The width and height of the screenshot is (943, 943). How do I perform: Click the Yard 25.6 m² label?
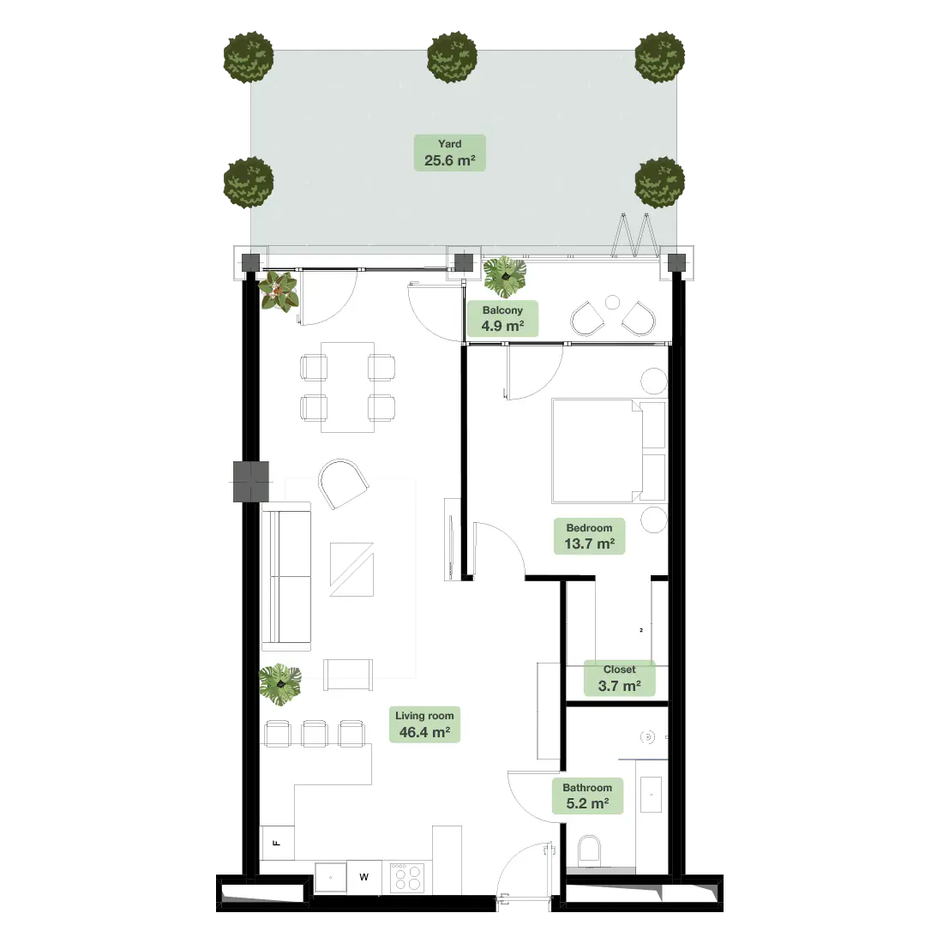pos(449,153)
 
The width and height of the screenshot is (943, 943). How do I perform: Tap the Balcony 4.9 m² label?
pos(502,318)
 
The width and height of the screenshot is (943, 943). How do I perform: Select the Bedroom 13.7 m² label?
pos(590,536)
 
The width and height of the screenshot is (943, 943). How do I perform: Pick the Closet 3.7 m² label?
pos(620,678)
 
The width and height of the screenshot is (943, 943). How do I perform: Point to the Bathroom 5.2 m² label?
pos(587,796)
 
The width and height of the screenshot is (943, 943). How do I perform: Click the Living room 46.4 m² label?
pos(424,724)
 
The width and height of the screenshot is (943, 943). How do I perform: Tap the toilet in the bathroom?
pos(590,850)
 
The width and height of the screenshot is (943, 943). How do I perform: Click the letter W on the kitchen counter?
pos(363,877)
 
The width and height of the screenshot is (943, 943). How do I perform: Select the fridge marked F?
pos(277,843)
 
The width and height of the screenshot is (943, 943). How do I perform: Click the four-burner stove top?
pos(407,878)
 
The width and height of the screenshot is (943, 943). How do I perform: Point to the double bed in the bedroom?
pos(609,451)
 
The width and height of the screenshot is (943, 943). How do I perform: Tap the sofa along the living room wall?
pos(286,577)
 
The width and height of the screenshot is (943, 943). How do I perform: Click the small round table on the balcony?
pos(612,303)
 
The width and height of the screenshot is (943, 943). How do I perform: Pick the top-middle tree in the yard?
pos(453,57)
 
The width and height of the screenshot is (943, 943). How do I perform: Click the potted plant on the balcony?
pos(505,277)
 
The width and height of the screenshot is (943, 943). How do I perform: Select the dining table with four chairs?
pos(347,387)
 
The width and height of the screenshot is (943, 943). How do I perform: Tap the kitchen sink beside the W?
pos(331,878)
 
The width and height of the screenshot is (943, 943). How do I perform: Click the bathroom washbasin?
pos(651,795)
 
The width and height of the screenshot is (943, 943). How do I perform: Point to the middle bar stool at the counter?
pos(315,734)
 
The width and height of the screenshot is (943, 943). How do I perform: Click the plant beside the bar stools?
pos(279,684)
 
